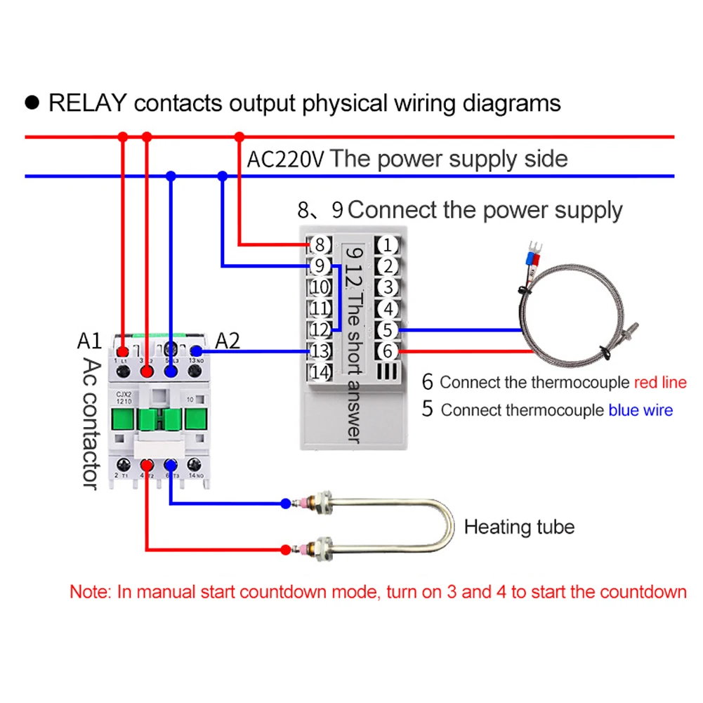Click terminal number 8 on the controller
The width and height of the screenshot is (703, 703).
coord(320,245)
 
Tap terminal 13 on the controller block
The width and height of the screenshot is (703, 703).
coord(320,350)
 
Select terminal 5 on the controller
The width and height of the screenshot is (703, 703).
coord(387,329)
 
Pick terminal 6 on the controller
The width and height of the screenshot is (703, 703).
coord(387,350)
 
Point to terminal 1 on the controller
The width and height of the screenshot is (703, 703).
coord(387,245)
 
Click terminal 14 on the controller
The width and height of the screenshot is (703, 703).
coord(320,372)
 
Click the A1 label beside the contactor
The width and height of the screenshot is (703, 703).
coord(89,341)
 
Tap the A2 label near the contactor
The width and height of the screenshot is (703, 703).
coord(227,341)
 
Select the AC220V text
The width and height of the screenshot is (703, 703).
coord(285,159)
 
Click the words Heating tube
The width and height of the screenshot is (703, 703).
coord(519,527)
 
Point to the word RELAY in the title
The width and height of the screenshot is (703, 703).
coord(87,103)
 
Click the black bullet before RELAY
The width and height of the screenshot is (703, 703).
coord(32,103)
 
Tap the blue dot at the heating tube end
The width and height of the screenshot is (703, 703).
coord(284,503)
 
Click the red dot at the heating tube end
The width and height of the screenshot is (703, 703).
coord(284,548)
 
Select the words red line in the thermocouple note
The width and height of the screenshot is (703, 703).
coord(659,383)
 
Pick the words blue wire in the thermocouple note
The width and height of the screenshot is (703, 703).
coord(640,410)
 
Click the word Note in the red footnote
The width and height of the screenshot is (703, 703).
coord(89,591)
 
